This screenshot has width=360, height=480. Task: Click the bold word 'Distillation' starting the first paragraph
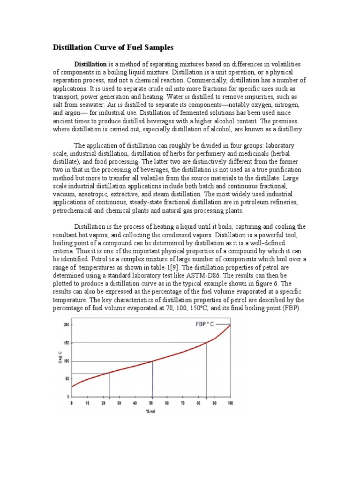(90, 64)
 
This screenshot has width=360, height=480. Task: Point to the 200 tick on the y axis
(66, 324)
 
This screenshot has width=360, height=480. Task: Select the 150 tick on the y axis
(66, 343)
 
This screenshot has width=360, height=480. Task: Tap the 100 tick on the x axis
(230, 403)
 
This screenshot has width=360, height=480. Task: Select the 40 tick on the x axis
(135, 403)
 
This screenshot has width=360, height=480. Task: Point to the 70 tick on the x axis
(182, 403)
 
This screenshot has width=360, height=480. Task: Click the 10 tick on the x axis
(87, 403)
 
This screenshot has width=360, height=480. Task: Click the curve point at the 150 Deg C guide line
(207, 343)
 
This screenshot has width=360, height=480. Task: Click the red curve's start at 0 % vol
(72, 386)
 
